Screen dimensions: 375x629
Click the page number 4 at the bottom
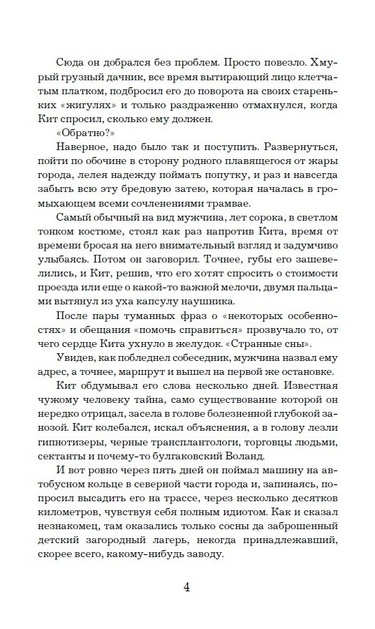coord(187,586)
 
